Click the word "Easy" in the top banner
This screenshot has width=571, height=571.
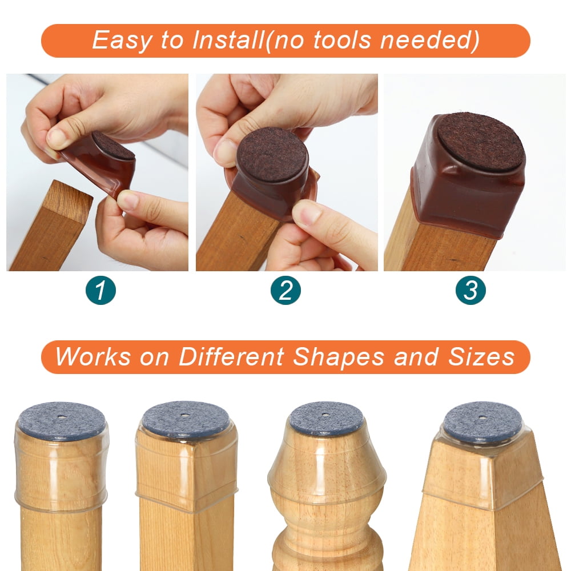(121, 40)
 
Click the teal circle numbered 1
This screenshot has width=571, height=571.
(100, 290)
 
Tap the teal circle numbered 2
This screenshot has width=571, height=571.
(285, 290)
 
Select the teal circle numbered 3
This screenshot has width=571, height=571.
(471, 290)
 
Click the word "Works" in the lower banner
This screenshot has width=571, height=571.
(93, 356)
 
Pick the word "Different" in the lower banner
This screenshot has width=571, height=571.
(231, 356)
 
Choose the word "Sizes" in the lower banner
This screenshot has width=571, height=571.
(481, 356)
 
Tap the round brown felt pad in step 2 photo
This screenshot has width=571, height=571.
(272, 154)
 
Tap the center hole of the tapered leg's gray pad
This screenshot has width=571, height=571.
(482, 417)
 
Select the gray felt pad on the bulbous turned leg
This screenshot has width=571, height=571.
(326, 418)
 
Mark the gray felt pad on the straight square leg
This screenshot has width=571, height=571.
(186, 419)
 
